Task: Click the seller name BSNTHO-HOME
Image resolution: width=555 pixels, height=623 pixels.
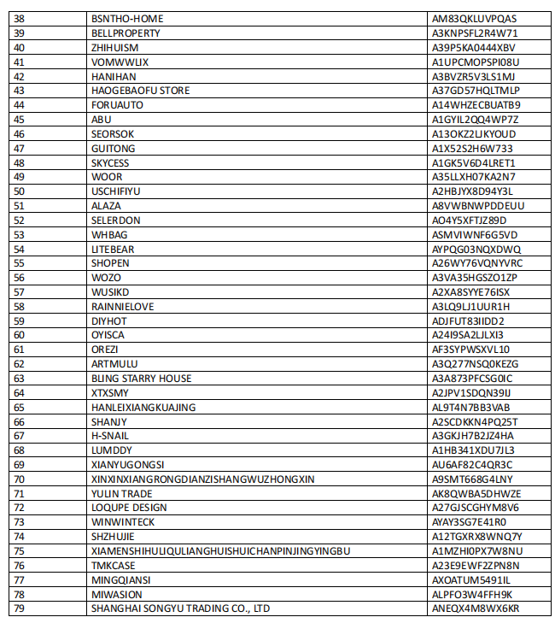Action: pos(127,19)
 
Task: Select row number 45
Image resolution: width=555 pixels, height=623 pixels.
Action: pos(20,120)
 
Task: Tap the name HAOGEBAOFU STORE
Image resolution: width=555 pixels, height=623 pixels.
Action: pos(141,91)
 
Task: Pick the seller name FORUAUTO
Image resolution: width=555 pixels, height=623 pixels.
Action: pos(117,105)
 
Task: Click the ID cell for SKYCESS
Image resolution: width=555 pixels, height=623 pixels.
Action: pos(474,162)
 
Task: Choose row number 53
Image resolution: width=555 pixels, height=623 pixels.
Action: pos(20,234)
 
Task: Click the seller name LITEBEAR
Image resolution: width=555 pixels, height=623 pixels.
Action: pos(113,249)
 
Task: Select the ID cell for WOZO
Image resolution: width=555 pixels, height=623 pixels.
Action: pos(475,278)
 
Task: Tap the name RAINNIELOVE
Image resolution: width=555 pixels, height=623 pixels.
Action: pos(123,306)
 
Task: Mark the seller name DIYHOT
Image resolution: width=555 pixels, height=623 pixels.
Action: pos(108,320)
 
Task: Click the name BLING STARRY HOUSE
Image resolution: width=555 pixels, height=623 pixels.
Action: pos(142,379)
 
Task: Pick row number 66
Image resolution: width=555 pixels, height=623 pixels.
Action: pos(20,421)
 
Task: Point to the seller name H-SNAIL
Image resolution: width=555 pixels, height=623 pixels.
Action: pos(110,436)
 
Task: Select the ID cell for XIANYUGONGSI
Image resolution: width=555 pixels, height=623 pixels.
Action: pos(473,464)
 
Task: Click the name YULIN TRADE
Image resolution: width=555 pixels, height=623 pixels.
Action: pos(122,493)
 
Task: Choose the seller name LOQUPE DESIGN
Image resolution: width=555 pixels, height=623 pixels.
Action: pos(129,508)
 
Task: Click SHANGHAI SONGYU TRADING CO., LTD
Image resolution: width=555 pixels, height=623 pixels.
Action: pos(181,608)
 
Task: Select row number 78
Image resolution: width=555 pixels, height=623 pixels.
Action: pos(20,594)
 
